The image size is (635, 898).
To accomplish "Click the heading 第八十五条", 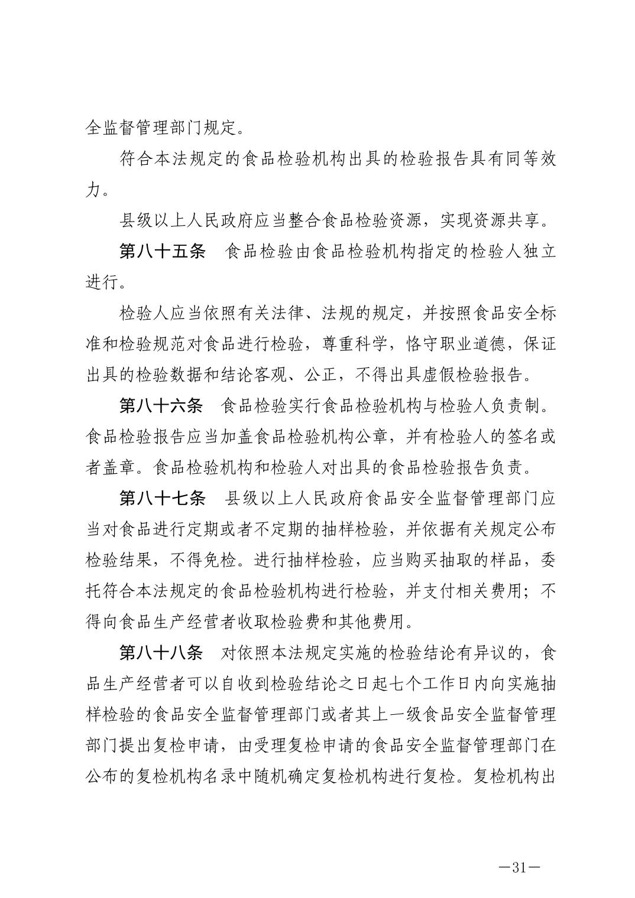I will [162, 252].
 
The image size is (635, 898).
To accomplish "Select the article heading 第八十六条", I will [162, 406].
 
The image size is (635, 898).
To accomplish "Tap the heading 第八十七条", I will [162, 499].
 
